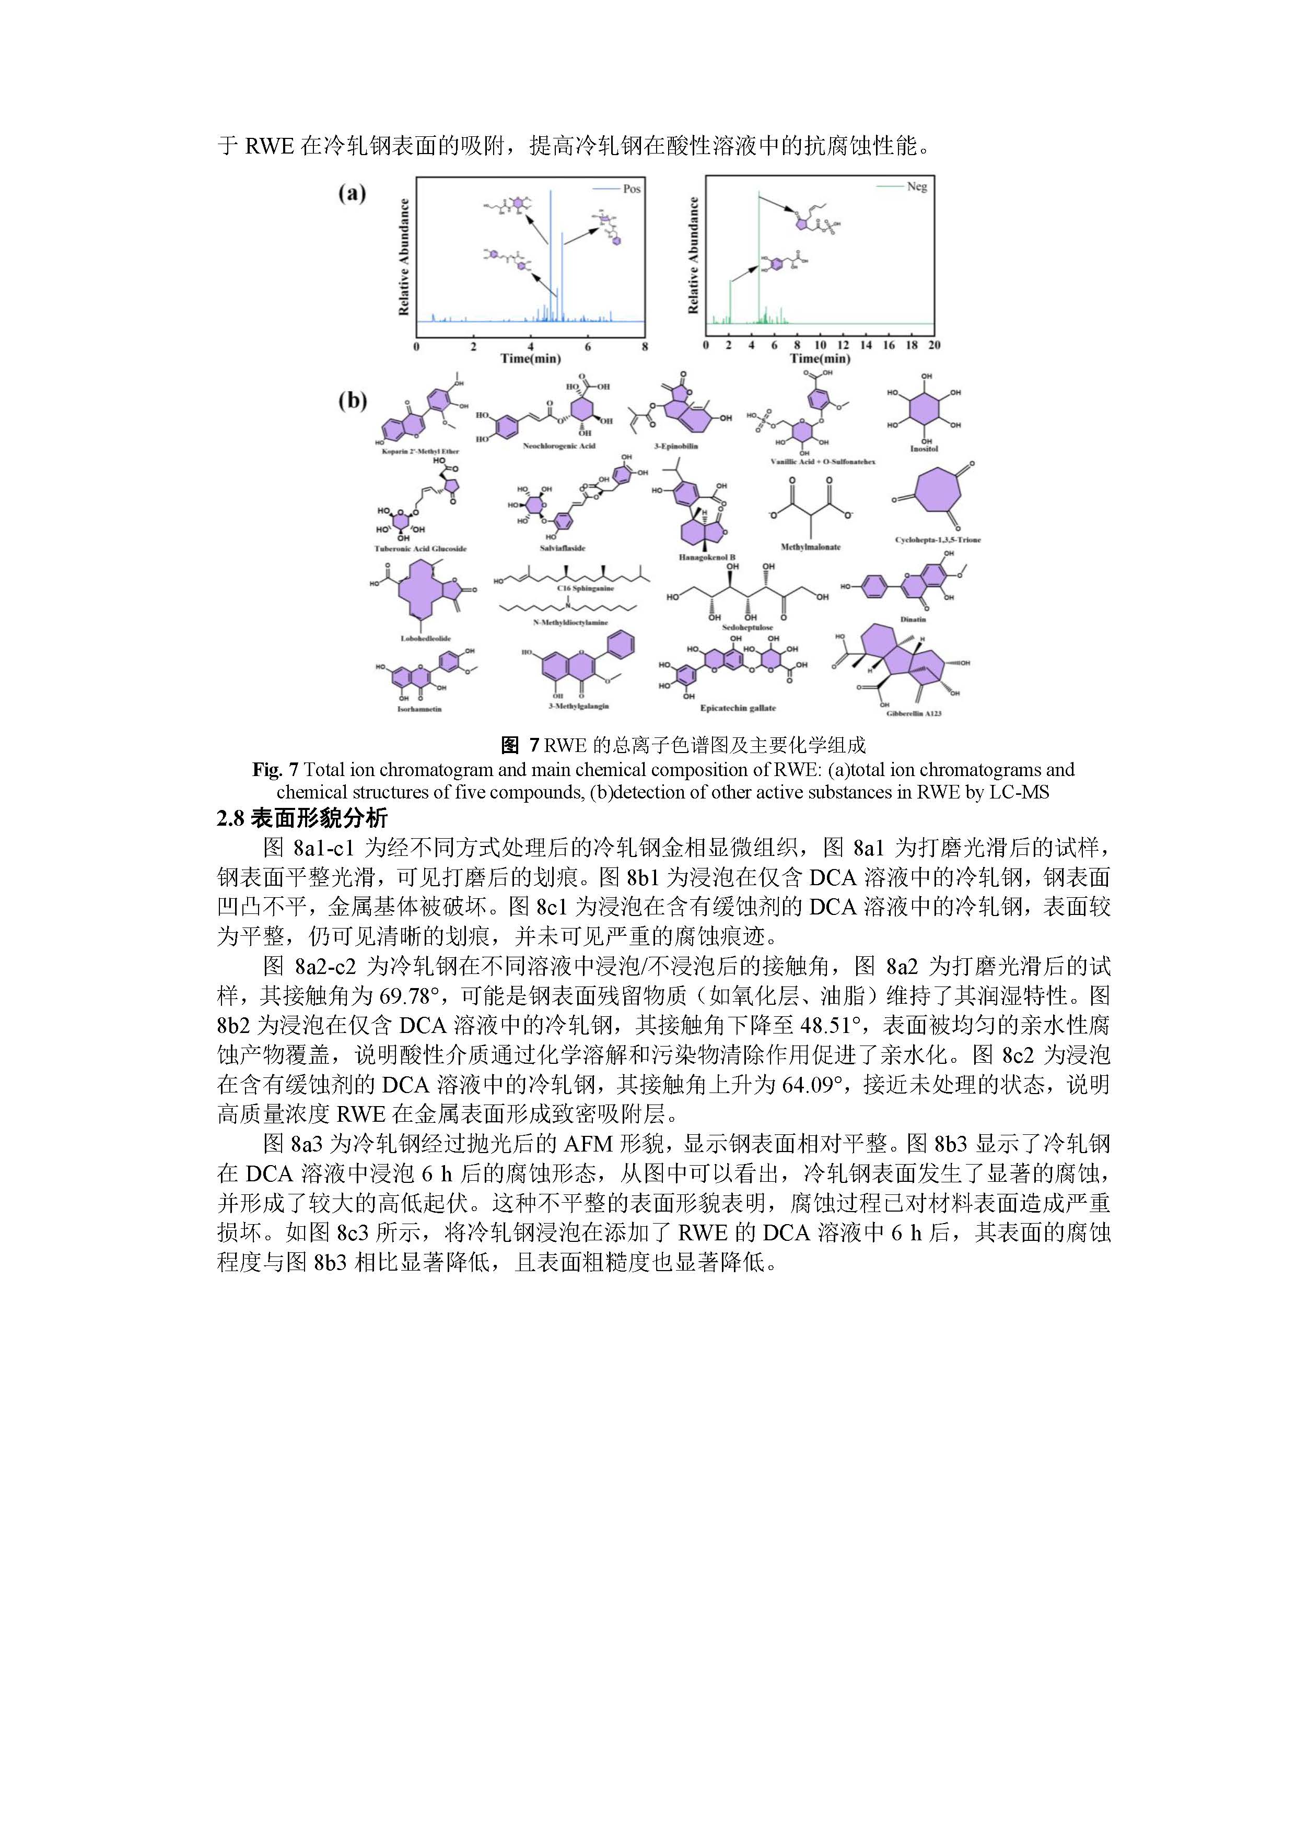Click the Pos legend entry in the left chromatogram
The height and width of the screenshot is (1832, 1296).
click(x=631, y=189)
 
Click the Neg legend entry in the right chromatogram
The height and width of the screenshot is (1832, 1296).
click(x=916, y=187)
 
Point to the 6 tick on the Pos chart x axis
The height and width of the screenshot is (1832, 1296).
click(x=587, y=346)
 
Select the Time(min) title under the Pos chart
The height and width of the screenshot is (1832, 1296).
click(x=531, y=359)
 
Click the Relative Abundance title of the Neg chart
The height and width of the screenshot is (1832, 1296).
click(x=694, y=255)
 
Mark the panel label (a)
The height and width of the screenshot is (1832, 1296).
click(x=352, y=193)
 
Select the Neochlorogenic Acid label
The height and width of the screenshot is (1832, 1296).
click(x=558, y=446)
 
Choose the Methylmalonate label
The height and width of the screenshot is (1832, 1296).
click(x=810, y=547)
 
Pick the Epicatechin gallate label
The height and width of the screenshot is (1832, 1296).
click(x=738, y=708)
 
